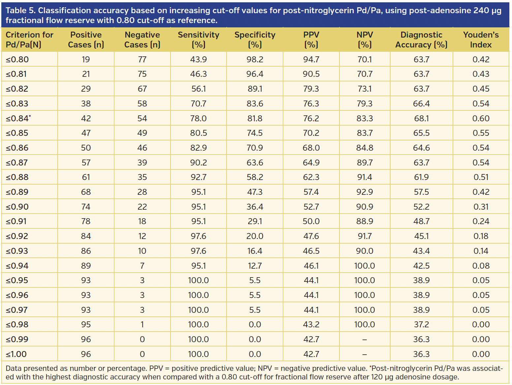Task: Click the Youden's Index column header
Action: pos(481,40)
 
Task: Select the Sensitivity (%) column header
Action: pos(198,40)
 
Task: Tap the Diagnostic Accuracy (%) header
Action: pos(421,40)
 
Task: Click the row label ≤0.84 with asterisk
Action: pos(18,118)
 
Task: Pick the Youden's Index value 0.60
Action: pos(481,118)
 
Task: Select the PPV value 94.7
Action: pos(311,59)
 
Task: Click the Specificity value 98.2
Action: pos(255,59)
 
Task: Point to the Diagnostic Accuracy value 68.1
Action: pos(421,118)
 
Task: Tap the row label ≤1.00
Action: pos(16,354)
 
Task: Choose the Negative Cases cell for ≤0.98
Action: pos(142,324)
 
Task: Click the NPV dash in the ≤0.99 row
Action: pos(365,339)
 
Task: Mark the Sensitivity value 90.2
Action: pos(198,163)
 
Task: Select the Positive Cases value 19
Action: pos(86,59)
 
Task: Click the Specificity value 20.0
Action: pos(255,236)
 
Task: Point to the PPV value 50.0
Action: pos(311,221)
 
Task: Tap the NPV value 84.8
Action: pos(365,148)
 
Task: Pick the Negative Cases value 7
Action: pos(142,266)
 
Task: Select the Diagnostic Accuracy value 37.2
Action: pos(421,324)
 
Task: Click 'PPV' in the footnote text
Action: pos(156,369)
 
